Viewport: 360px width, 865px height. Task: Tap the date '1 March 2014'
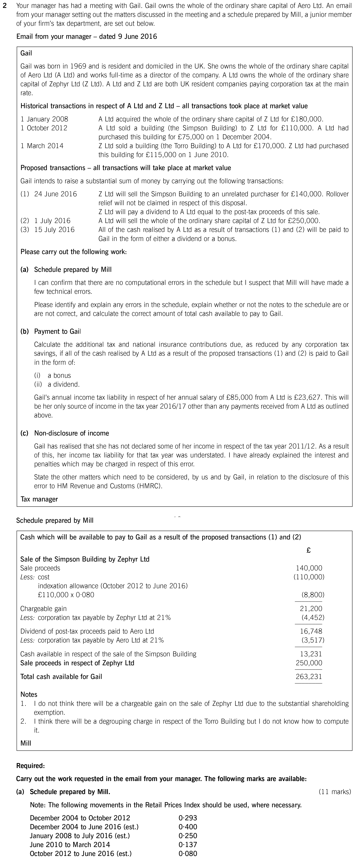(42, 146)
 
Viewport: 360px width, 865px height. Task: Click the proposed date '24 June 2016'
(55, 194)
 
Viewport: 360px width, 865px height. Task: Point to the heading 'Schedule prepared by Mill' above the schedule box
(55, 520)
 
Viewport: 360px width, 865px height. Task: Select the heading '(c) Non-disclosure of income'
(65, 433)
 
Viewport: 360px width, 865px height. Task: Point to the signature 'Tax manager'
(39, 499)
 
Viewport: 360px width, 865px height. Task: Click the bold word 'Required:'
(31, 766)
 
